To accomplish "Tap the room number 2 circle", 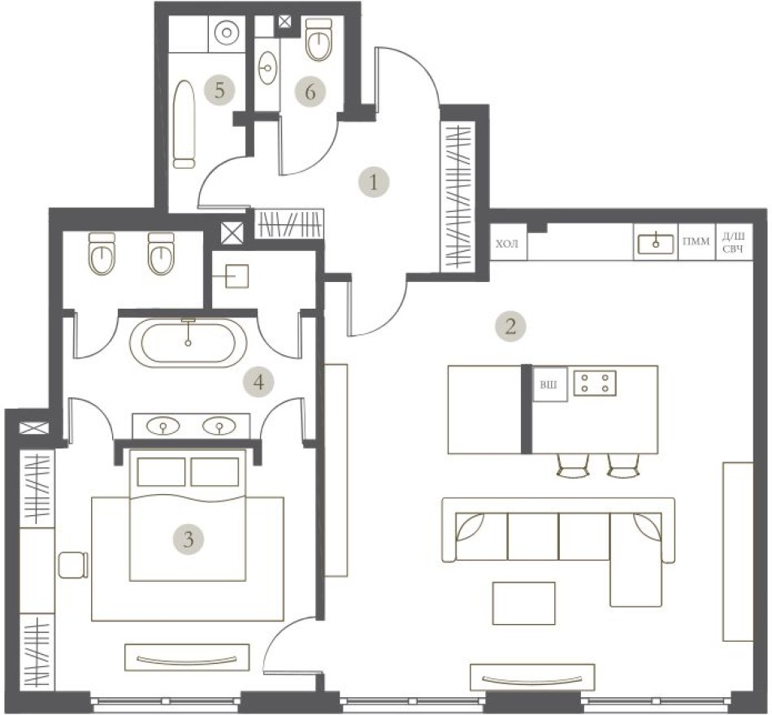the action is coord(510,327).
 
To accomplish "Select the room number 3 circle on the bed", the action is coord(188,538).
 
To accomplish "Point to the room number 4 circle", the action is coord(258,380).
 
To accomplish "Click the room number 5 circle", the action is coord(218,89).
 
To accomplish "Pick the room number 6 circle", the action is coord(310,92).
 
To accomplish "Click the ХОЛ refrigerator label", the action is coord(507,244).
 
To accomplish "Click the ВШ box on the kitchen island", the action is coord(549,384).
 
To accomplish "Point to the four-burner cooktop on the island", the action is coord(595,382).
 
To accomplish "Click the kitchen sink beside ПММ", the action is coord(654,242).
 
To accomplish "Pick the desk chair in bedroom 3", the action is coord(72,564).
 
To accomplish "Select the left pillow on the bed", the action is coord(162,472).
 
